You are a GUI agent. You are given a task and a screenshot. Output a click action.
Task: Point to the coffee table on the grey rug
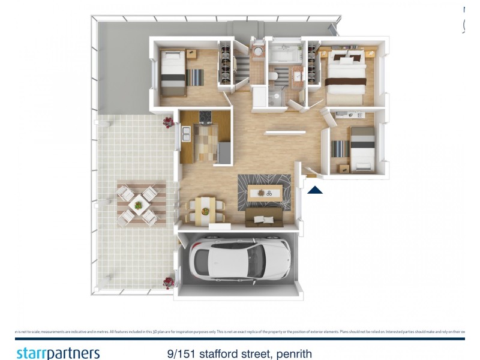click(265, 192)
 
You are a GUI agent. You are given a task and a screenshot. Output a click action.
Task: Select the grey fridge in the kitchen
click(224, 152)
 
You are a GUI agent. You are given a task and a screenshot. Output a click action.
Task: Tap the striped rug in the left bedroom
click(195, 77)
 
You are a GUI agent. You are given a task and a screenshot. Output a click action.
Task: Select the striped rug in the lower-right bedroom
click(340, 149)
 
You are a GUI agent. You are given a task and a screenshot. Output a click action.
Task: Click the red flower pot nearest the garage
click(169, 281)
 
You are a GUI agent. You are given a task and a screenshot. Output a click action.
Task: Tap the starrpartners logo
click(58, 353)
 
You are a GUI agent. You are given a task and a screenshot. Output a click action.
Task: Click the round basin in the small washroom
click(259, 52)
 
